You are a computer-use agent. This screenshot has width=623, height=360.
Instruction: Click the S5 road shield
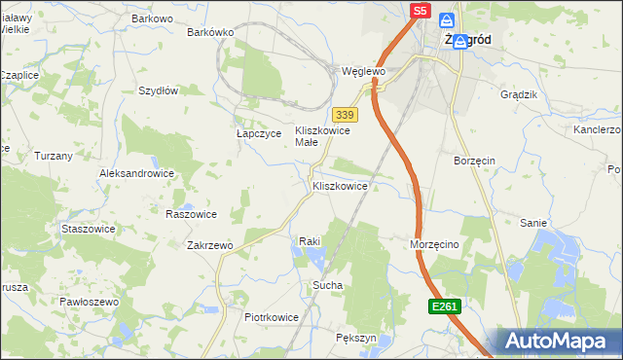pos(420,11)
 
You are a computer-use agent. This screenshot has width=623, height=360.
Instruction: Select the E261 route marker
pos(443,306)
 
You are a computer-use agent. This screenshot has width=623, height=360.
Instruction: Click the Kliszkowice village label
pos(340,185)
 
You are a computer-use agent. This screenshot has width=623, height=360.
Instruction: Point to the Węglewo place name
pos(364,71)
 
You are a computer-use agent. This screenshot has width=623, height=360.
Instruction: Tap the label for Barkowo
pos(152,18)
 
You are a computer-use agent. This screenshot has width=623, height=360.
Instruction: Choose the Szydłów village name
pos(158,90)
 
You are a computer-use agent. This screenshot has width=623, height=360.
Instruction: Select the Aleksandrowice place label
pos(136,173)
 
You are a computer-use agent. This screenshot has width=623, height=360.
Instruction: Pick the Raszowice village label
pos(191,214)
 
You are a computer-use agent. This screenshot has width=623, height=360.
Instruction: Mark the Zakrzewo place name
pos(209,245)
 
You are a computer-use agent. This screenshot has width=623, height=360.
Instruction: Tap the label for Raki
pos(310,241)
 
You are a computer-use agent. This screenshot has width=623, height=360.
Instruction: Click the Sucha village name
pos(326,286)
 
